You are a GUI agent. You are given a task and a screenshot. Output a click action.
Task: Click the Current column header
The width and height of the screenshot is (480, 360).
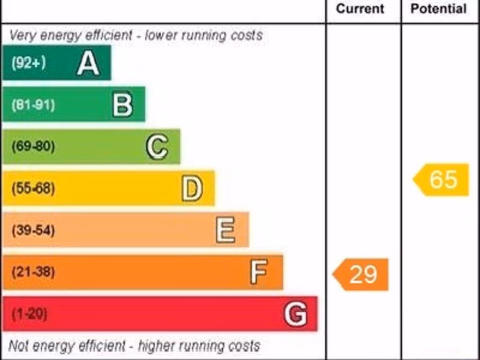point(360,9)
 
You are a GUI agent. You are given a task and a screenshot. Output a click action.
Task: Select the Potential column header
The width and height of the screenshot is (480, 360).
point(438,9)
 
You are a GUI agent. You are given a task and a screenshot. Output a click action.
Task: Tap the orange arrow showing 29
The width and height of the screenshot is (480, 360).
point(361,274)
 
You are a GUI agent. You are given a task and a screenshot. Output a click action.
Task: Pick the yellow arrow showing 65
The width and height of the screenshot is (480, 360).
point(442,180)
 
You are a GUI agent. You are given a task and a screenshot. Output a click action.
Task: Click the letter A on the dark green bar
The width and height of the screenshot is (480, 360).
point(88,63)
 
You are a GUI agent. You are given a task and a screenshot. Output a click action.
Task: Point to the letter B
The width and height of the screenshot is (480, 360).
point(123,105)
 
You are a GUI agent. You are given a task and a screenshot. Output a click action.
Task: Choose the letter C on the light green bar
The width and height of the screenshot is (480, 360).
point(157,147)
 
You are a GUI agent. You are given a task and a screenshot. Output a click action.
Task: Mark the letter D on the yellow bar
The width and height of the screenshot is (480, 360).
point(192,189)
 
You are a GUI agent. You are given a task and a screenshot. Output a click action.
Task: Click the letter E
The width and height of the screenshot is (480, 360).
point(225,231)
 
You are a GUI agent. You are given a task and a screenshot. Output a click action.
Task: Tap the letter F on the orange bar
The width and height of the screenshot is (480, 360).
point(259,272)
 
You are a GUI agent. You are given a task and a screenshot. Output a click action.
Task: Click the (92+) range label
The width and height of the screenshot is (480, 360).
point(29,63)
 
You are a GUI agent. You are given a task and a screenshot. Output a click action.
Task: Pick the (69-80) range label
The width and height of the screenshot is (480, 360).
point(33,147)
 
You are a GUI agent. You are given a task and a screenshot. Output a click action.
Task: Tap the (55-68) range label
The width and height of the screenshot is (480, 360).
point(33,189)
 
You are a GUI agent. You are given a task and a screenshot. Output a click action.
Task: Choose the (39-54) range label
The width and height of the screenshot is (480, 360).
point(33,231)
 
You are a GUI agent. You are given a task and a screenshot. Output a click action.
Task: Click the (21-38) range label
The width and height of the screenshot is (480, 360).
point(33,272)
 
